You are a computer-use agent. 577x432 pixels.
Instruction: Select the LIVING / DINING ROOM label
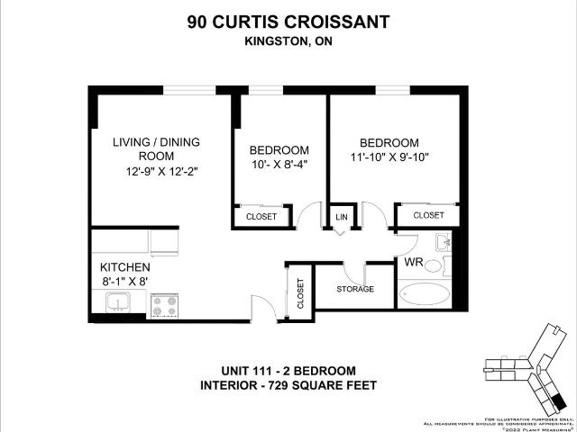[156, 148]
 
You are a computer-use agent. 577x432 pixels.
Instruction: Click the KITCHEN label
[124, 267]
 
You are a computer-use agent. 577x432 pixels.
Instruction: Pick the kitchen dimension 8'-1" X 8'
[124, 282]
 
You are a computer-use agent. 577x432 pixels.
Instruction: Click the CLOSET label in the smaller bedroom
[262, 217]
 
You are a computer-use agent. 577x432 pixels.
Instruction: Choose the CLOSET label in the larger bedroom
[428, 215]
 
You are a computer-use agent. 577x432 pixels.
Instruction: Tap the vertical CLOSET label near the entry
[300, 292]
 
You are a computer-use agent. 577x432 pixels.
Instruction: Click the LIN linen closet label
[342, 218]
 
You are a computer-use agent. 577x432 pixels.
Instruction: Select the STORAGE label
[355, 289]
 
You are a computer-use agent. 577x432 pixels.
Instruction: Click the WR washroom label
[414, 264]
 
